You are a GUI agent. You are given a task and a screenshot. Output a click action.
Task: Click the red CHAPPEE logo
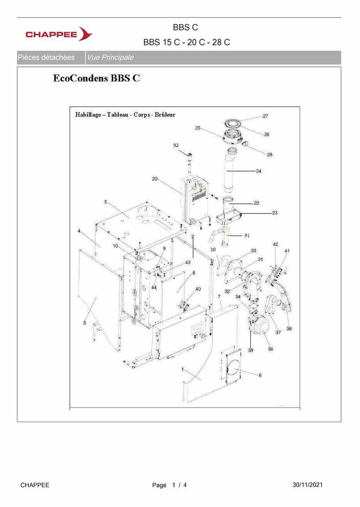[59, 34]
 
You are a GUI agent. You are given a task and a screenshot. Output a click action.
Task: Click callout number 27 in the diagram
[265, 116]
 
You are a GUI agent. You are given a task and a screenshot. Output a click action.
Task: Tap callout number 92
[176, 146]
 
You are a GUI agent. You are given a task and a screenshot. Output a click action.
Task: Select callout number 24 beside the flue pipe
[258, 171]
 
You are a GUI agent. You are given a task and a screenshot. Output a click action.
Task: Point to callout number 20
[155, 179]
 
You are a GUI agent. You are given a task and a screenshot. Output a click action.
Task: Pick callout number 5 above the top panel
[105, 202]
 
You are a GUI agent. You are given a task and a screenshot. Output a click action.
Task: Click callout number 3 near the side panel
[85, 323]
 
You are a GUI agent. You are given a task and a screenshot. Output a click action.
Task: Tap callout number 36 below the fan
[271, 349]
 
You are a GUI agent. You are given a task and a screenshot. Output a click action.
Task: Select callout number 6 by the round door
[260, 375]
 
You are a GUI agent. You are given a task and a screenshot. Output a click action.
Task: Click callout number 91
[247, 235]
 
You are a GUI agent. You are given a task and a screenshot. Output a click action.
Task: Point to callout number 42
[275, 245]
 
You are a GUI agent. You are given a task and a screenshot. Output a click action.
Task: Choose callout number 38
[289, 328]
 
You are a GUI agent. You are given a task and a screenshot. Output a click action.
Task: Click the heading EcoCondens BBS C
[97, 78]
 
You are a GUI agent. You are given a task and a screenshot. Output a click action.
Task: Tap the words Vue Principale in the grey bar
[110, 58]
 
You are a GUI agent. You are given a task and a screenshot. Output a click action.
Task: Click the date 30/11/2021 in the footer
[307, 485]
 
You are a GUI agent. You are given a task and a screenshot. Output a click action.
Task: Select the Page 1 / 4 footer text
[170, 485]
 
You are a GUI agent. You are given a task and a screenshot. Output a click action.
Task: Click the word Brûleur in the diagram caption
[165, 114]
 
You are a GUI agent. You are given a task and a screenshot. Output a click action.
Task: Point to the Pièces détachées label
[46, 58]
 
